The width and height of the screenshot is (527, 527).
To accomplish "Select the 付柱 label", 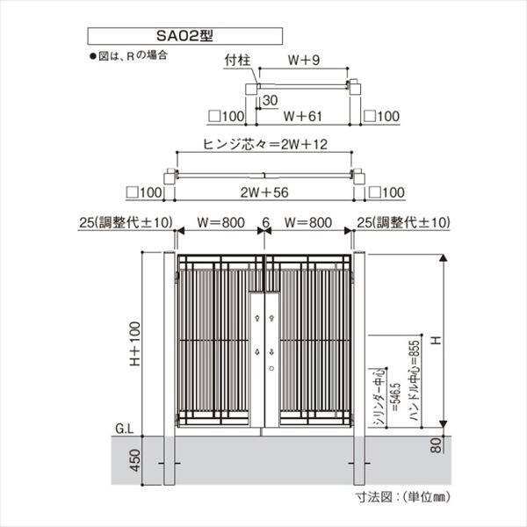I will [x=238, y=61].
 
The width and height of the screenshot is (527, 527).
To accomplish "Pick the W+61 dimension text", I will [x=304, y=115].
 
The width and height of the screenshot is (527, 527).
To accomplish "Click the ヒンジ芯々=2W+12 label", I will [x=264, y=144].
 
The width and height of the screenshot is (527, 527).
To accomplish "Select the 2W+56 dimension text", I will [x=264, y=192].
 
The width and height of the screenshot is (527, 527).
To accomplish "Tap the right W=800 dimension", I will [x=309, y=223].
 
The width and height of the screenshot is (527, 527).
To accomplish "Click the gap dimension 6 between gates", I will [x=264, y=223].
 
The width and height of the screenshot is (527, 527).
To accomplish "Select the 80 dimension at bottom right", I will [x=436, y=446].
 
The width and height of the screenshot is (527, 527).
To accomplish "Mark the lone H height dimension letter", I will [x=434, y=337].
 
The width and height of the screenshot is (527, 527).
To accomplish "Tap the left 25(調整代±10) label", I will [x=120, y=223].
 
